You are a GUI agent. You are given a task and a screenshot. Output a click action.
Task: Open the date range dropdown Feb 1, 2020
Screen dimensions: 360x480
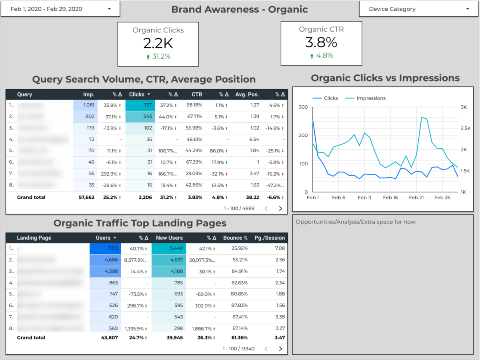(x=60, y=9)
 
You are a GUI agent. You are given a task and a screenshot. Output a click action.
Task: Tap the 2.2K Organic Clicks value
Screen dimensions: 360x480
(x=158, y=43)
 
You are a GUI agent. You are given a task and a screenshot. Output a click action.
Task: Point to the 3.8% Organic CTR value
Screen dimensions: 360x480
(x=321, y=42)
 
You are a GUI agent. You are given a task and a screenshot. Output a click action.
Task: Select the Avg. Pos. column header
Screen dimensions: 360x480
(x=247, y=95)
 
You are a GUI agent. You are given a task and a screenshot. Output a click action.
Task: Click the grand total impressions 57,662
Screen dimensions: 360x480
(x=85, y=197)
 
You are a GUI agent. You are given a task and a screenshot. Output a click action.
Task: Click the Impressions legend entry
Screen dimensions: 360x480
(x=371, y=98)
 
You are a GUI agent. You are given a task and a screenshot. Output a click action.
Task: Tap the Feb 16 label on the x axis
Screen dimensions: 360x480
(x=390, y=198)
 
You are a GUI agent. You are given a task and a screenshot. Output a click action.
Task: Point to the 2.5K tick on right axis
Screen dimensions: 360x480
(x=466, y=128)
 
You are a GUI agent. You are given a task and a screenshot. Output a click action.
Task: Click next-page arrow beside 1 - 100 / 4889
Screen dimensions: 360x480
(x=280, y=208)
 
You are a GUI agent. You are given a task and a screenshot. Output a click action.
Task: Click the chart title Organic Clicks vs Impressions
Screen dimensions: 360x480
(x=385, y=78)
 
